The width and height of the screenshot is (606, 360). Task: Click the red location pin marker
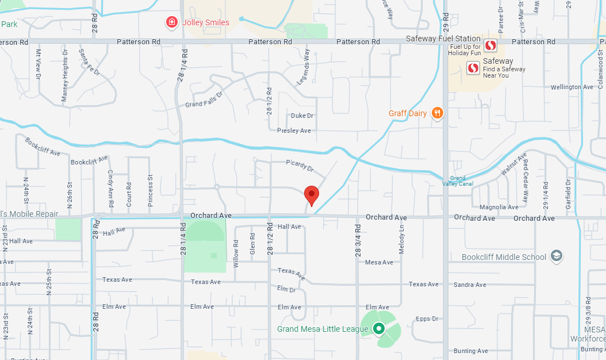click(311, 196)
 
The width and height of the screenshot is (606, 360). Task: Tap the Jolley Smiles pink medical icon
click(171, 22)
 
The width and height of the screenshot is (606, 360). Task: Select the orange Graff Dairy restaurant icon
click(438, 113)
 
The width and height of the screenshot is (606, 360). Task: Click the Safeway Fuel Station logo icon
click(490, 45)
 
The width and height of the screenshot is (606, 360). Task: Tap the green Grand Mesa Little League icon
click(378, 329)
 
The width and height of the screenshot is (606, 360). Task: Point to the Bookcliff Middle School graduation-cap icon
click(556, 256)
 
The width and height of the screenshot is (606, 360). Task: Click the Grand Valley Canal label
click(458, 181)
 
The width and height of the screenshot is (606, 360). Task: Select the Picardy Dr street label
click(300, 166)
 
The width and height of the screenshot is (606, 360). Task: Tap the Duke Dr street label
click(302, 116)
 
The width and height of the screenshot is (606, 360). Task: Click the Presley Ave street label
click(294, 131)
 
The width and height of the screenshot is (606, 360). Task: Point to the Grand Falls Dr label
click(204, 99)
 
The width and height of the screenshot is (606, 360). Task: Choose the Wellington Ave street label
click(572, 87)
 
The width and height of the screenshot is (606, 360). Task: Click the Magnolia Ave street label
click(498, 207)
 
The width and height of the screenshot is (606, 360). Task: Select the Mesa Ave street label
click(379, 262)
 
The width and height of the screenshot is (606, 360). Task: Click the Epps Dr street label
click(427, 319)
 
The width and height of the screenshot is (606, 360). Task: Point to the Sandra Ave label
click(470, 285)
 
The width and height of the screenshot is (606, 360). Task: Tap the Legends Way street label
click(303, 68)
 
